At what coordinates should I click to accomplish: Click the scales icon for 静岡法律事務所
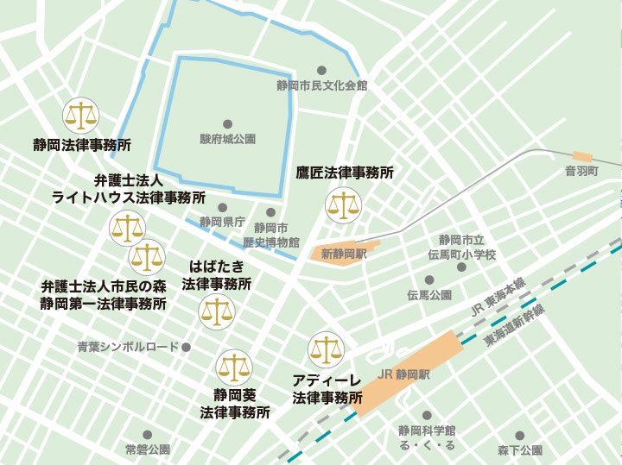[81, 114]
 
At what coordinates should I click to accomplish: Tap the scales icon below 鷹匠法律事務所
[343, 206]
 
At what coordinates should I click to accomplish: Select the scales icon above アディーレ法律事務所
[326, 349]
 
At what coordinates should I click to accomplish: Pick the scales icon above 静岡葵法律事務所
[234, 368]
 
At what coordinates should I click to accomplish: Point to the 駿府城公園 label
[228, 139]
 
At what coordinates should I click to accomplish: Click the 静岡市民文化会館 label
[321, 85]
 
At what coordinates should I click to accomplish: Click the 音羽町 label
[581, 172]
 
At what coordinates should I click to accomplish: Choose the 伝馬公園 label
[429, 295]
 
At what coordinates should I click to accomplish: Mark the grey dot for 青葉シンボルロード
[186, 347]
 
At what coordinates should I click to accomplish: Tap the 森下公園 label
[519, 450]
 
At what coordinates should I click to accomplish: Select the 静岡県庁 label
[222, 222]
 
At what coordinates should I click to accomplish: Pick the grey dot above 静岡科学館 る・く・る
[427, 415]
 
